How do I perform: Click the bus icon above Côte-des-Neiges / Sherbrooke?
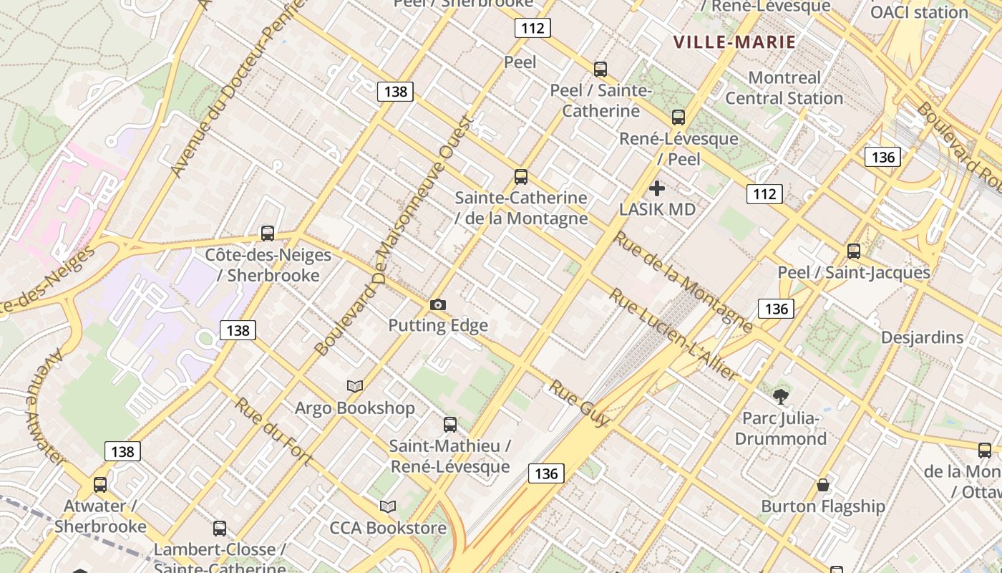click(268, 233)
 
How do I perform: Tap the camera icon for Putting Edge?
click(438, 304)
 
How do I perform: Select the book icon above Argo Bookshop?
click(355, 386)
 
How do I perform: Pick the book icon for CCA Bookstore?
click(388, 506)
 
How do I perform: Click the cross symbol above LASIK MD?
click(657, 188)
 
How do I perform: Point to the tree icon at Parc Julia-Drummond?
click(781, 396)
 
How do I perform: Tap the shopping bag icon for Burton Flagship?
click(823, 485)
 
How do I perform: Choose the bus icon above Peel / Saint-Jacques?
click(854, 251)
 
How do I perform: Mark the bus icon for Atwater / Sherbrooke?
click(100, 485)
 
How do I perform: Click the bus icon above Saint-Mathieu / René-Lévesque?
click(450, 425)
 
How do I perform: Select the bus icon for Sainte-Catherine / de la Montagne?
click(521, 177)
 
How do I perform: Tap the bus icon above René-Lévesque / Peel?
click(678, 117)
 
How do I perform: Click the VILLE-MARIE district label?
click(735, 42)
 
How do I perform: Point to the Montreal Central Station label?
click(784, 88)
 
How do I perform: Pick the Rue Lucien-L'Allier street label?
click(673, 334)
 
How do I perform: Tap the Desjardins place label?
click(922, 337)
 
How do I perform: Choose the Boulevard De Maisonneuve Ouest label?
click(394, 236)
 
